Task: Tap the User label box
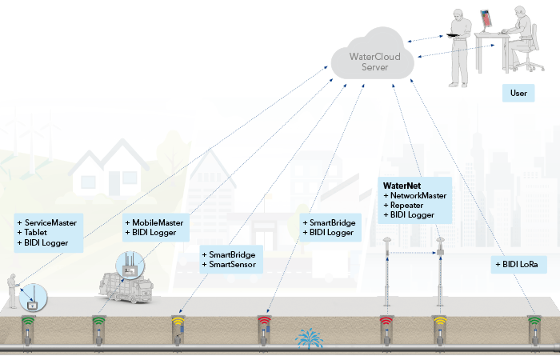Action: coord(518,94)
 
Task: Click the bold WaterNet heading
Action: coord(402,186)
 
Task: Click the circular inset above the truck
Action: coord(130,264)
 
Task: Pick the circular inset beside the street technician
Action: coord(34,299)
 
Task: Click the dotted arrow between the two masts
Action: coord(413,254)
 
